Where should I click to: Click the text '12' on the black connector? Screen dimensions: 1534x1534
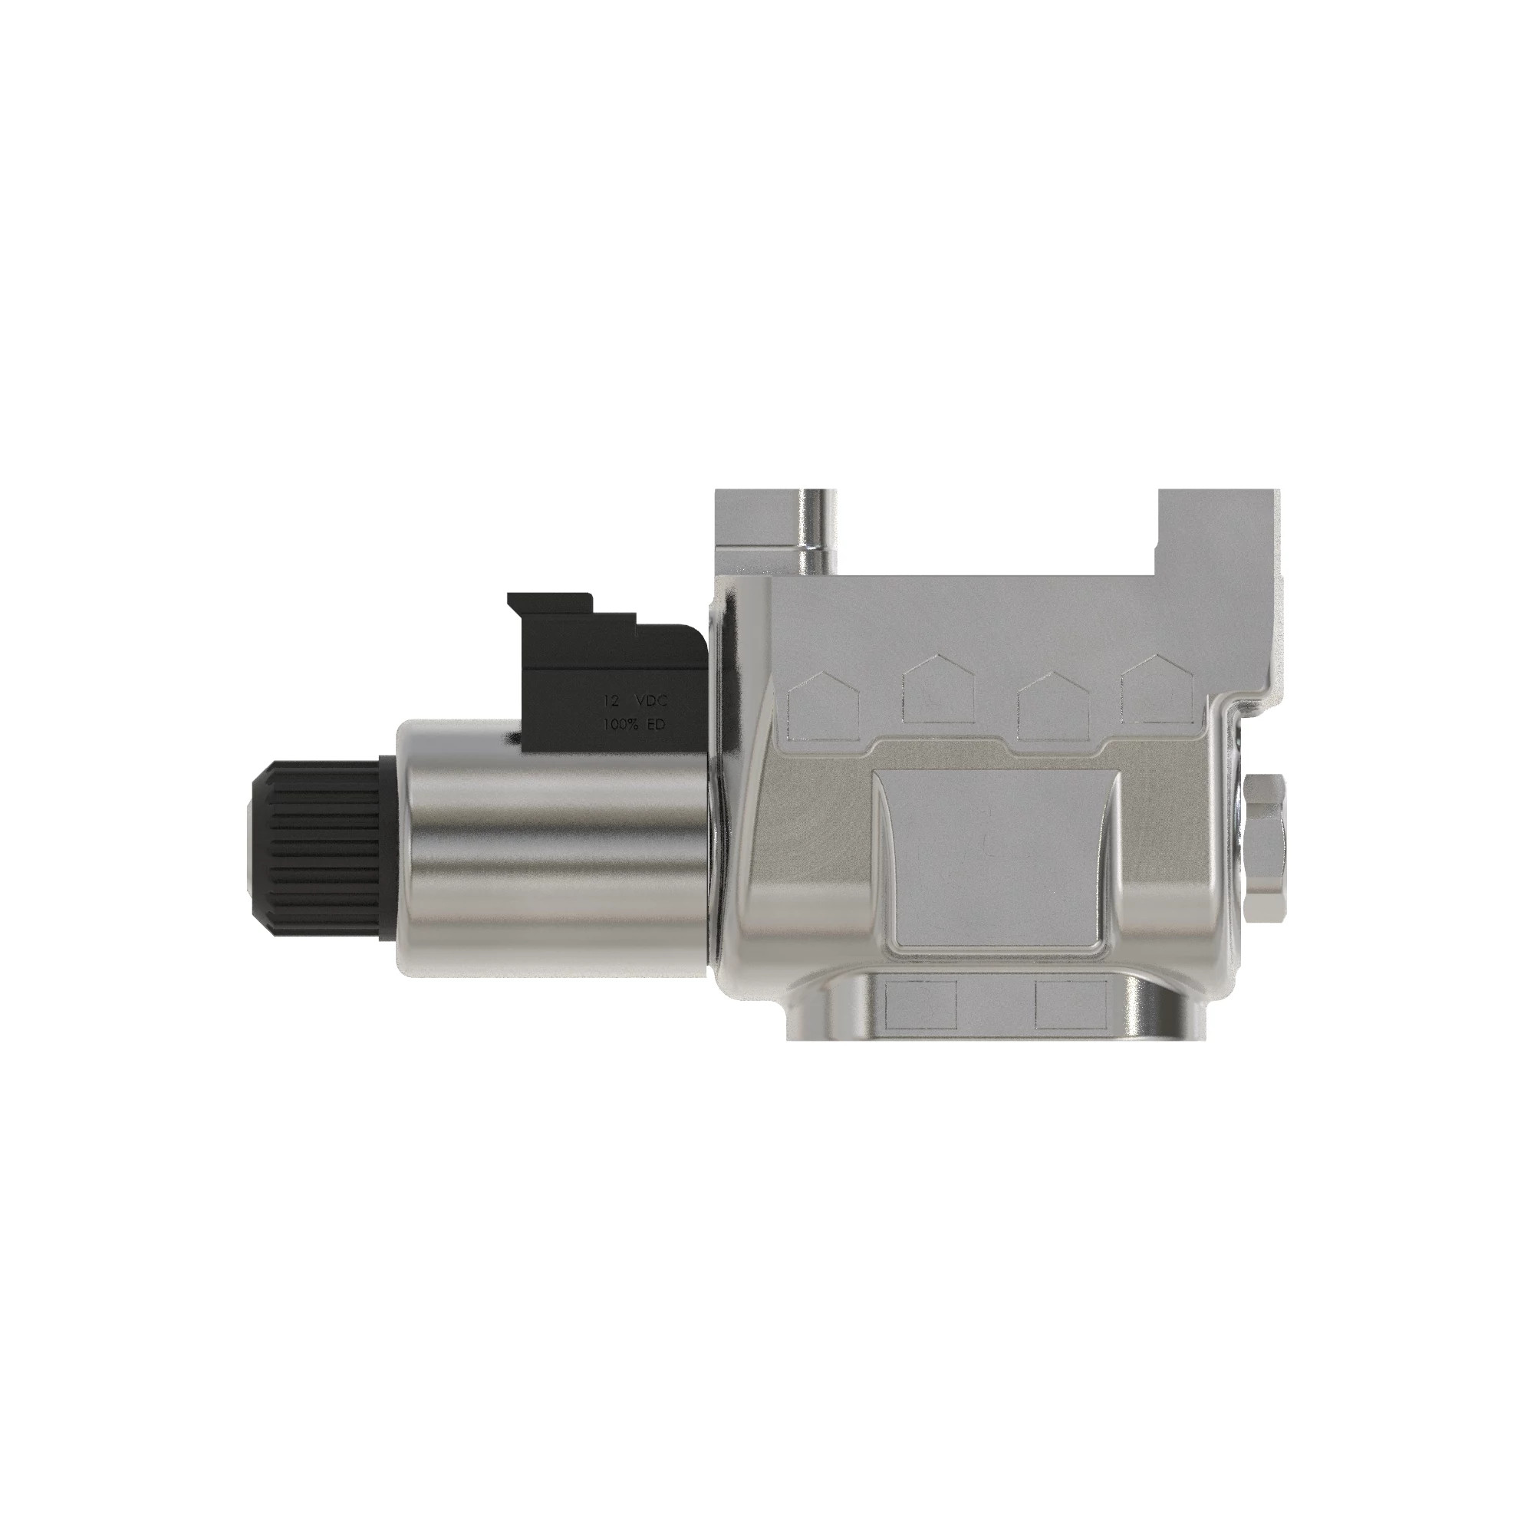coord(611,701)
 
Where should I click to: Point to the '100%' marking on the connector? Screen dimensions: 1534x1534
coord(621,724)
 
